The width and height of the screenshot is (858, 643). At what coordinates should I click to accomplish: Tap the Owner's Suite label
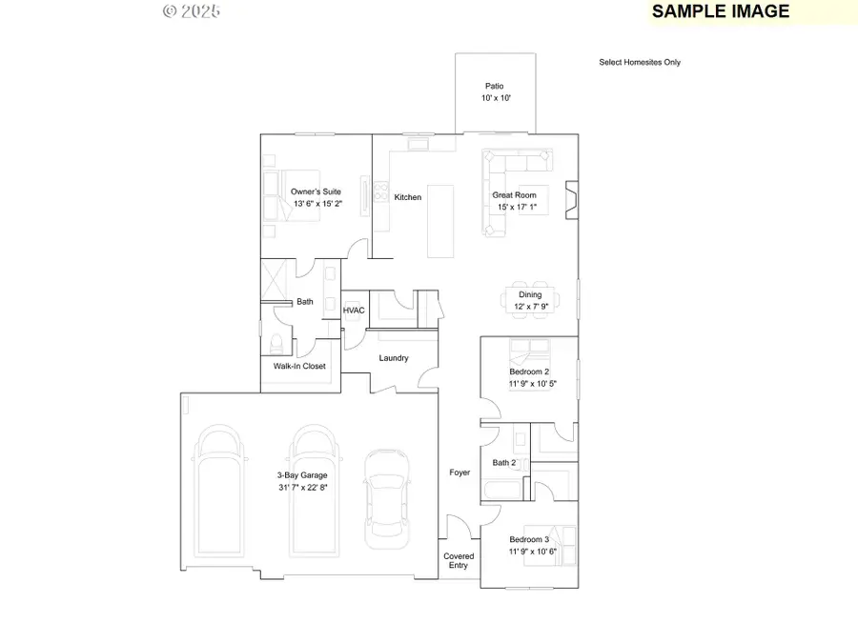click(317, 192)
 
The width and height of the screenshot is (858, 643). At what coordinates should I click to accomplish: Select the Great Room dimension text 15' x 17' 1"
click(517, 207)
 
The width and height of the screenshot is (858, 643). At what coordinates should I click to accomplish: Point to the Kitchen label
click(408, 197)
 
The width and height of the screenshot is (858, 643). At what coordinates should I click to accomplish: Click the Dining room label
click(530, 295)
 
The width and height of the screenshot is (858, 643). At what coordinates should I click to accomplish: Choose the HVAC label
click(354, 311)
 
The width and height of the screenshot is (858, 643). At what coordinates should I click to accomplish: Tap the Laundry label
click(394, 358)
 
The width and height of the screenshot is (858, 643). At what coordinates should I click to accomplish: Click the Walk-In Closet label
click(299, 366)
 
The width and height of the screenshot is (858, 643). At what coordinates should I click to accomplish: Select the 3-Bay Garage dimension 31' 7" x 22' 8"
click(302, 488)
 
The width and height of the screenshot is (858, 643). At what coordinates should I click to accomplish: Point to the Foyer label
click(460, 472)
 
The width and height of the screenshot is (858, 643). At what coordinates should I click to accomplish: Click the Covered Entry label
click(459, 561)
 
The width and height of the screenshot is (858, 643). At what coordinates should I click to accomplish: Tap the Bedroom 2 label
click(529, 372)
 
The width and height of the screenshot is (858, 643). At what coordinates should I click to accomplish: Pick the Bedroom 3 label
click(529, 539)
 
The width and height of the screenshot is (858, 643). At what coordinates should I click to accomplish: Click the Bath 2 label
click(504, 463)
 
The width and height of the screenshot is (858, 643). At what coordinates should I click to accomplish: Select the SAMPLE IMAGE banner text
click(721, 11)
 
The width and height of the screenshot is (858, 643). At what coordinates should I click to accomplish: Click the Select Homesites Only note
click(640, 63)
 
